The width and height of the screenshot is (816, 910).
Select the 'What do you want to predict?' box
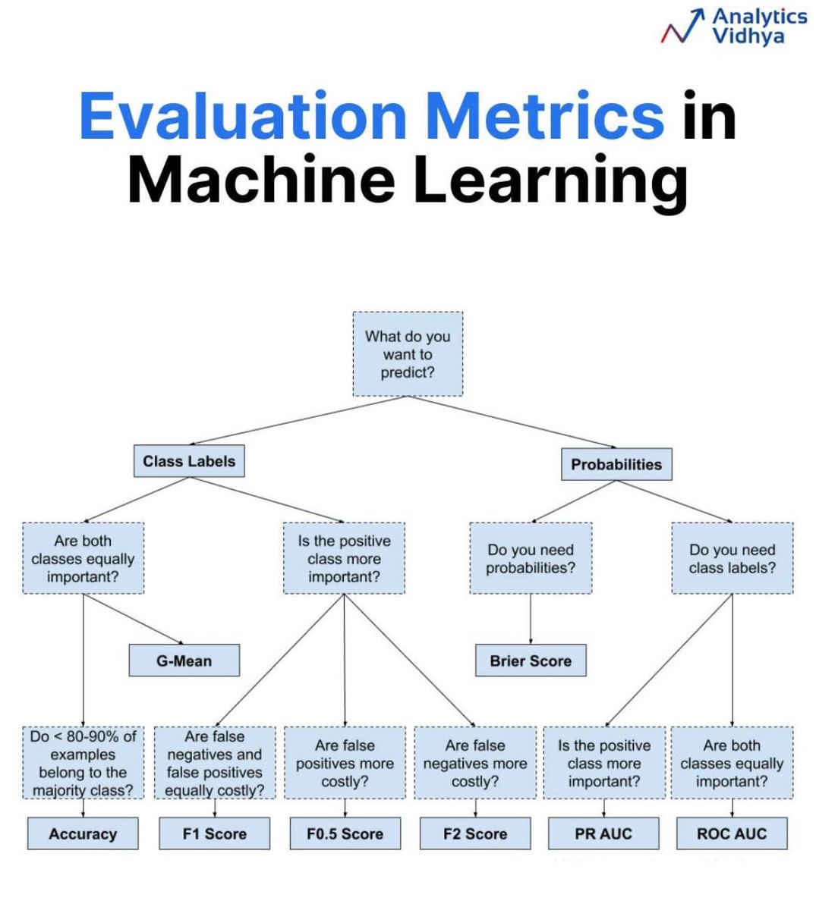(408, 354)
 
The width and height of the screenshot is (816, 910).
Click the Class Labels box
(189, 461)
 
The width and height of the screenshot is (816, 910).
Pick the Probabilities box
(616, 464)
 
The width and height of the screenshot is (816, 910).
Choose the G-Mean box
(184, 661)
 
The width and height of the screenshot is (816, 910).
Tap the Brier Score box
(531, 661)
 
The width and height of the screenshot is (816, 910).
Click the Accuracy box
(83, 834)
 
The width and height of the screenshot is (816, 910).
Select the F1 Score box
(215, 834)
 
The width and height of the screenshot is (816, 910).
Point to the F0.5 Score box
(345, 834)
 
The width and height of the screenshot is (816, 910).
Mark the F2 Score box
(475, 834)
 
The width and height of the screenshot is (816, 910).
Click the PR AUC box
(603, 834)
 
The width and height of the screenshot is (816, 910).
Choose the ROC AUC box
(732, 834)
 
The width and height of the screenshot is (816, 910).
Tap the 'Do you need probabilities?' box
(531, 559)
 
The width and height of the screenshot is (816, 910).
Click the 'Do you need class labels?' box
(733, 559)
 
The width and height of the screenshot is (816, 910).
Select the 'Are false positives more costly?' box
(345, 763)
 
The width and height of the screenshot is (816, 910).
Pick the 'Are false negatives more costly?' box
(475, 763)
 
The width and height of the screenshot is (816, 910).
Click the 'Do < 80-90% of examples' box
(83, 763)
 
